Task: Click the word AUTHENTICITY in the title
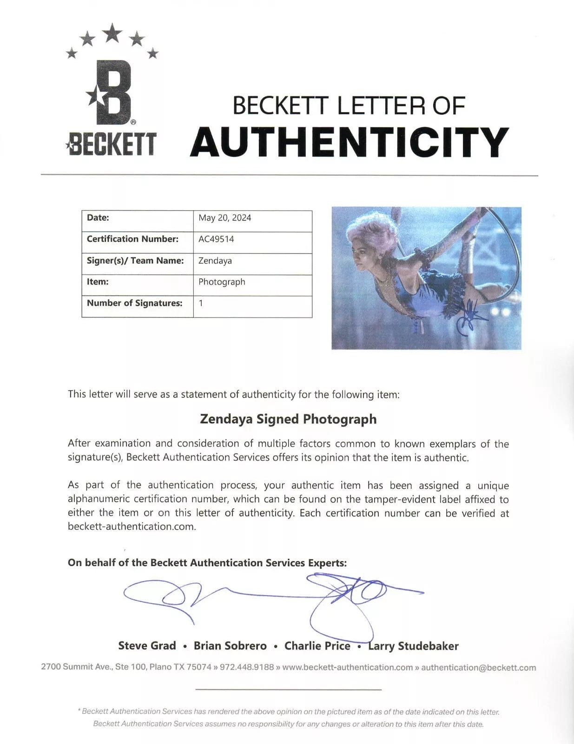[x=350, y=142]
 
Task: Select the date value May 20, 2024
[x=224, y=218]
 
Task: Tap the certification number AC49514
[x=216, y=239]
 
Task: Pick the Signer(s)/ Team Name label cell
[x=135, y=261]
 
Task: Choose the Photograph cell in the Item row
[x=222, y=282]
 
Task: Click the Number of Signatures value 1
[x=201, y=303]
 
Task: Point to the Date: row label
[x=98, y=218]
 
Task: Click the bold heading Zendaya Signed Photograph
[x=288, y=419]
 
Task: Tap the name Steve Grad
[x=147, y=646]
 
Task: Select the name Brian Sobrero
[x=230, y=646]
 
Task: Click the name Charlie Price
[x=317, y=646]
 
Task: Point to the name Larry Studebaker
[x=413, y=646]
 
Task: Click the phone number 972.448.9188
[x=247, y=667]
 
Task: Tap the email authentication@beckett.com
[x=478, y=667]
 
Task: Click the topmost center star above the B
[x=112, y=33]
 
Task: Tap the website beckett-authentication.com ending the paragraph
[x=131, y=527]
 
